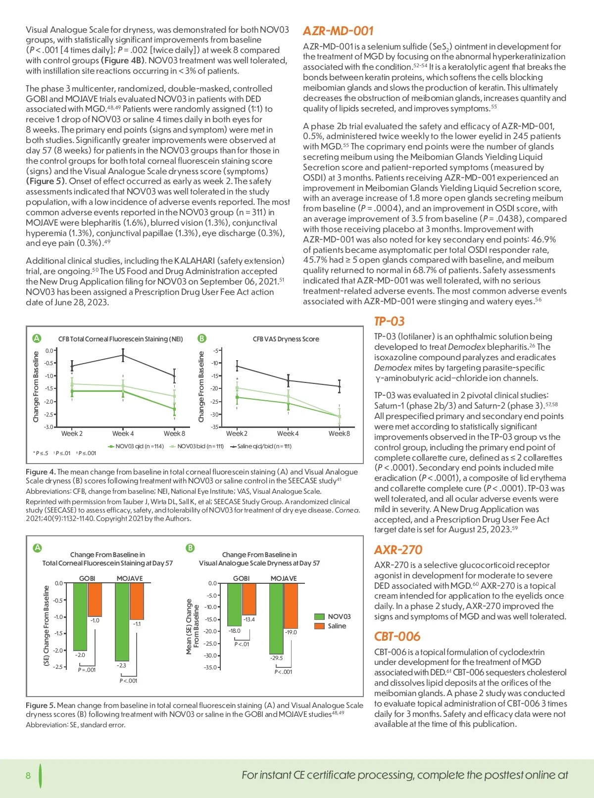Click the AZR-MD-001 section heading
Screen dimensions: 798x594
(338, 31)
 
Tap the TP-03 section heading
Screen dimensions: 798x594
(390, 322)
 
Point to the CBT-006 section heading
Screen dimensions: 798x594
(397, 637)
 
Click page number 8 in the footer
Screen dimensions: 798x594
(28, 775)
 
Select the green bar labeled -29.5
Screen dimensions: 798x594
(276, 618)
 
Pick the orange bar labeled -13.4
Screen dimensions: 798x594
(249, 599)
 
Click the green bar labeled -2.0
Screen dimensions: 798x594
(80, 616)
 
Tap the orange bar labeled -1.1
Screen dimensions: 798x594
(137, 601)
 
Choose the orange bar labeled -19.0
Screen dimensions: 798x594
(291, 606)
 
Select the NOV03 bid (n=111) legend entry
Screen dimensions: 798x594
(197, 446)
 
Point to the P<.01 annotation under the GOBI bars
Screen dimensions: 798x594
(242, 644)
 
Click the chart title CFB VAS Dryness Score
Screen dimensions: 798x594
(286, 339)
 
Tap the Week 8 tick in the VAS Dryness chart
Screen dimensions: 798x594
(339, 434)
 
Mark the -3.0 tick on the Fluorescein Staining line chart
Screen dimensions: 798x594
(49, 427)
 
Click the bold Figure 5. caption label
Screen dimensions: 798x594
(41, 705)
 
